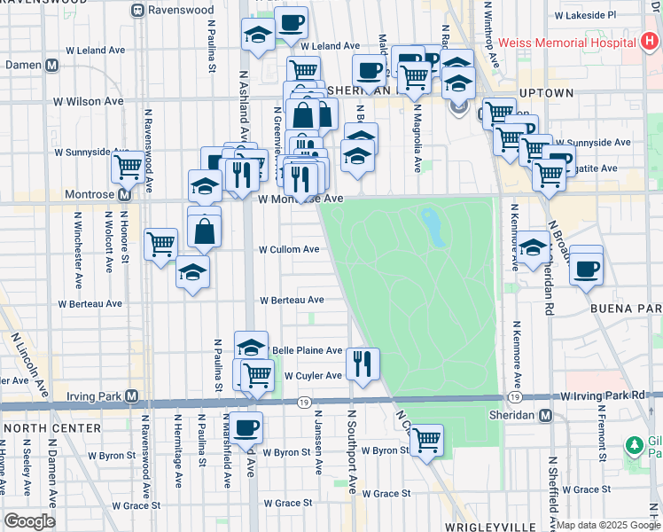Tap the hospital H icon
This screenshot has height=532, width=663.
(x=649, y=42)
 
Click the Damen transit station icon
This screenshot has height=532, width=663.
(x=51, y=65)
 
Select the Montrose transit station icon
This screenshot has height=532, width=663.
(x=124, y=194)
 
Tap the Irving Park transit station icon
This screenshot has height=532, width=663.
(x=132, y=395)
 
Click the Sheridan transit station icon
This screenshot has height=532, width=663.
(x=546, y=415)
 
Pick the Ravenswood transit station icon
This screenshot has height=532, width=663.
(x=137, y=12)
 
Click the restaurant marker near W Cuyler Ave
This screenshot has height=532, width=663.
(x=363, y=363)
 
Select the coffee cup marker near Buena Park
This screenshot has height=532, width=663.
(x=586, y=267)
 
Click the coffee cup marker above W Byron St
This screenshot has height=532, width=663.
(x=247, y=426)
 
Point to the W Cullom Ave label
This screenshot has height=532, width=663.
(x=289, y=250)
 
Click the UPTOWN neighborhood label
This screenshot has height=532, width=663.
(x=546, y=93)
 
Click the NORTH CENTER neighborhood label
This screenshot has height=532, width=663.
(x=35, y=428)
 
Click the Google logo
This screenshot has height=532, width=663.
(x=29, y=521)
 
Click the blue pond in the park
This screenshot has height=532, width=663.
(x=432, y=228)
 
